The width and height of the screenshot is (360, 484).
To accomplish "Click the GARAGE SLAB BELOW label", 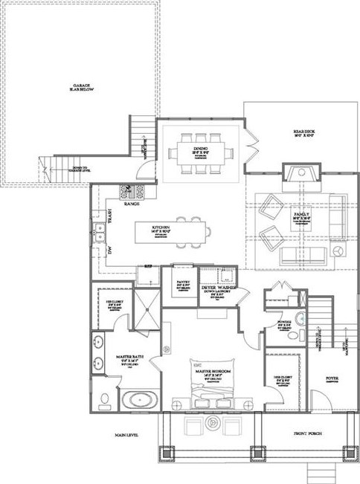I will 81,88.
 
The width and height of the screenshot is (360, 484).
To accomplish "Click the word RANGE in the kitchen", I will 132,203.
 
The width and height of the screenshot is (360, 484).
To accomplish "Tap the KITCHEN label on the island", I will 161,228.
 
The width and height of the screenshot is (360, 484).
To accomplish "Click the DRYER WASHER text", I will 219,286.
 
